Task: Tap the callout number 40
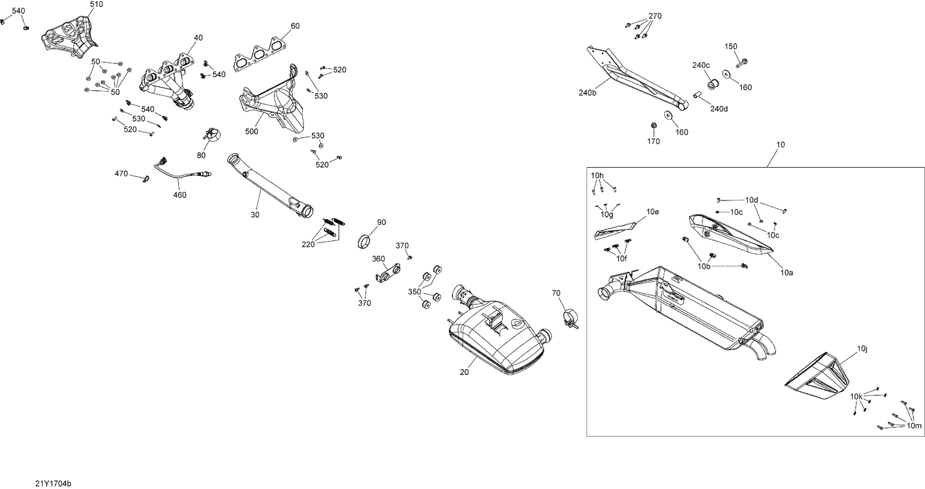198,38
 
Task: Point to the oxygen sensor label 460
179,195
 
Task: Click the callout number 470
121,174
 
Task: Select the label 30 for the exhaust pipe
255,215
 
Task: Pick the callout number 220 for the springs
308,244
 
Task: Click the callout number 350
414,292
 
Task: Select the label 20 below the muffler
464,372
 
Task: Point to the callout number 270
654,16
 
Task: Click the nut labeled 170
653,127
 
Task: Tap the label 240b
587,93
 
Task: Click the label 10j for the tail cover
862,350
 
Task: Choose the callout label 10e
652,212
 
